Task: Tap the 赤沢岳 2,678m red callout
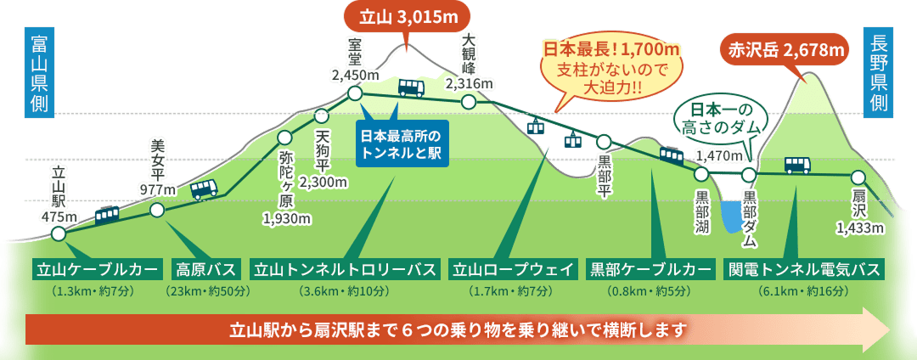[785, 50]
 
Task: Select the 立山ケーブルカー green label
[97, 270]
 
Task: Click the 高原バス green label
[205, 270]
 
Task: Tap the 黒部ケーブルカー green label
[650, 270]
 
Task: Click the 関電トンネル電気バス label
[803, 270]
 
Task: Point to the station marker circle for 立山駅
[58, 233]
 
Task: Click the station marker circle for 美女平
[156, 210]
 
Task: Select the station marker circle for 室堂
[355, 93]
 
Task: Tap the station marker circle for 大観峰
[468, 103]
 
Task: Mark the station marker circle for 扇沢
[858, 177]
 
